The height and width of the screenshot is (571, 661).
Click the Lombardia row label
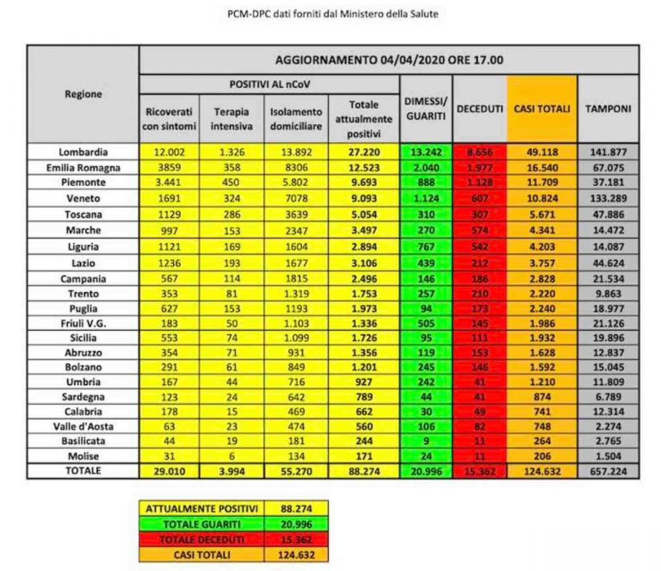[83, 152]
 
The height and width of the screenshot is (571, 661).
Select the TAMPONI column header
[608, 109]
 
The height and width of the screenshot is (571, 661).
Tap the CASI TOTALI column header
[541, 109]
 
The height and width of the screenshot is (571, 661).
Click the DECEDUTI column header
[479, 109]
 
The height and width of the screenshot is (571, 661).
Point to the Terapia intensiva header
[232, 119]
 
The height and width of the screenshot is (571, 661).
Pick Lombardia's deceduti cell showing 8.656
[479, 152]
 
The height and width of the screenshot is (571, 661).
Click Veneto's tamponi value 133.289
[608, 197]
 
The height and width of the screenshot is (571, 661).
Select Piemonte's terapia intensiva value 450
[232, 183]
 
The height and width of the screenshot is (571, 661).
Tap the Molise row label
[83, 456]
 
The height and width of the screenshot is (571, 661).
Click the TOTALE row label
[83, 471]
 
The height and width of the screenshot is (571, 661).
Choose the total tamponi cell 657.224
[608, 471]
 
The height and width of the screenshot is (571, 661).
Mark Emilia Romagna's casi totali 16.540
[541, 167]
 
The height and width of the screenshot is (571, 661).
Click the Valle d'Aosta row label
[83, 425]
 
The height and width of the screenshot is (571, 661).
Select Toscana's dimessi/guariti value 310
[425, 213]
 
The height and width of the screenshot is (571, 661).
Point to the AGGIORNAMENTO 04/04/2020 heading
[389, 60]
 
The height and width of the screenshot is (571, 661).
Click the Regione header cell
[83, 94]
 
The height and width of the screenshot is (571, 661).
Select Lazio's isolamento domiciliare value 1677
[297, 258]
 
